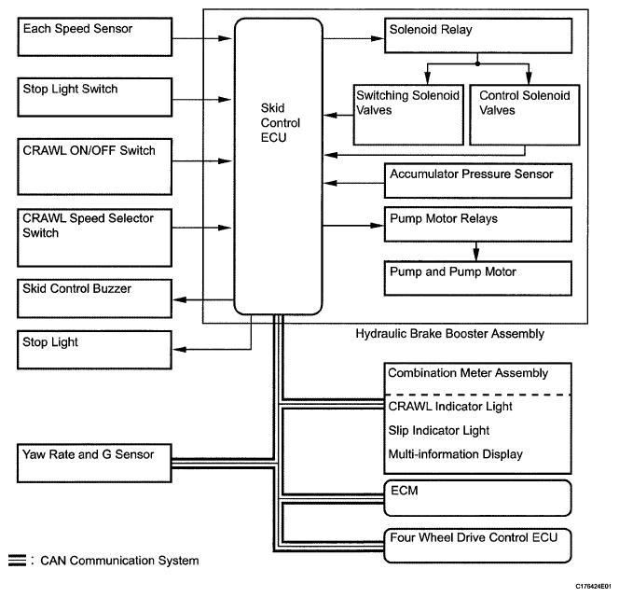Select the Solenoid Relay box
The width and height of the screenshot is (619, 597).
(477, 38)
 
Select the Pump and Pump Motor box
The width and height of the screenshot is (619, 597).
(477, 277)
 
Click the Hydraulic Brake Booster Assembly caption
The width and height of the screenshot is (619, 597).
(449, 334)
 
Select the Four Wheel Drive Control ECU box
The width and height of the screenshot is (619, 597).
(477, 541)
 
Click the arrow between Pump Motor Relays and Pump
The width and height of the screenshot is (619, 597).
(477, 251)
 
